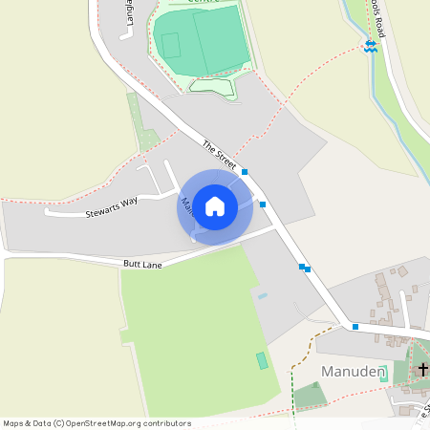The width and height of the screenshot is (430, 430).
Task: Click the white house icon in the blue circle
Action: tap(215, 205)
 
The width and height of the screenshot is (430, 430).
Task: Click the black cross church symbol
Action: tap(422, 368)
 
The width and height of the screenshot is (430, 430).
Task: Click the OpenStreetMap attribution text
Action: tap(97, 423)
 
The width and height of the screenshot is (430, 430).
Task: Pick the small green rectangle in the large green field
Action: tap(262, 360)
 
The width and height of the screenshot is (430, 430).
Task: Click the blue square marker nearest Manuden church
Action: tap(355, 327)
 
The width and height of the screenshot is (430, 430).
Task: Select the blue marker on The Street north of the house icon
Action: tap(245, 172)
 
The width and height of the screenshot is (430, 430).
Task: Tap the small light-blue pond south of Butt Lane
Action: tap(262, 296)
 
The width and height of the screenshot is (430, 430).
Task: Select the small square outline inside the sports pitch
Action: tap(170, 45)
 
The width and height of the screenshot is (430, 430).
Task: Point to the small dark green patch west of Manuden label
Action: tap(308, 395)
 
